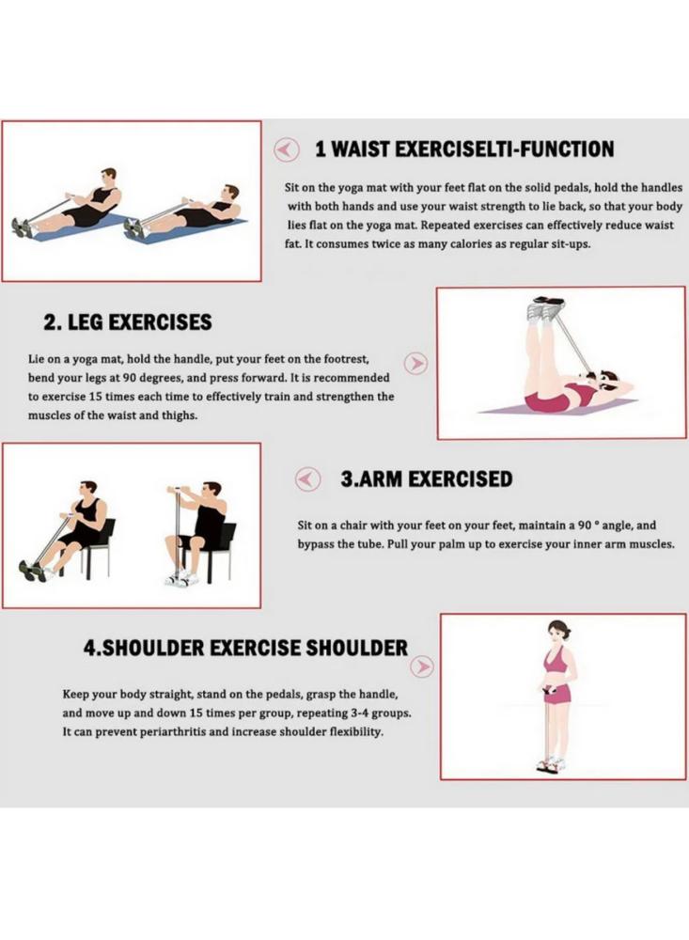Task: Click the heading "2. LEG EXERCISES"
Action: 127,322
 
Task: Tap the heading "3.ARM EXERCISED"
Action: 427,479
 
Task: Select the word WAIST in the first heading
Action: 361,149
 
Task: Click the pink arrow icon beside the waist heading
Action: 287,149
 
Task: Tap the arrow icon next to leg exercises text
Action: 415,363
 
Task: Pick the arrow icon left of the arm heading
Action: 308,479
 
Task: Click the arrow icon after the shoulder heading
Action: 424,666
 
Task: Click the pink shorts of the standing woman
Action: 557,696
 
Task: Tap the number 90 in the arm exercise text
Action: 585,525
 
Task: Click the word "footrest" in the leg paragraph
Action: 345,359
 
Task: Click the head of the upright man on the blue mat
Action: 108,177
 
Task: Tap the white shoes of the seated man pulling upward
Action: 181,579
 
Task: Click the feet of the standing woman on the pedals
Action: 550,764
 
